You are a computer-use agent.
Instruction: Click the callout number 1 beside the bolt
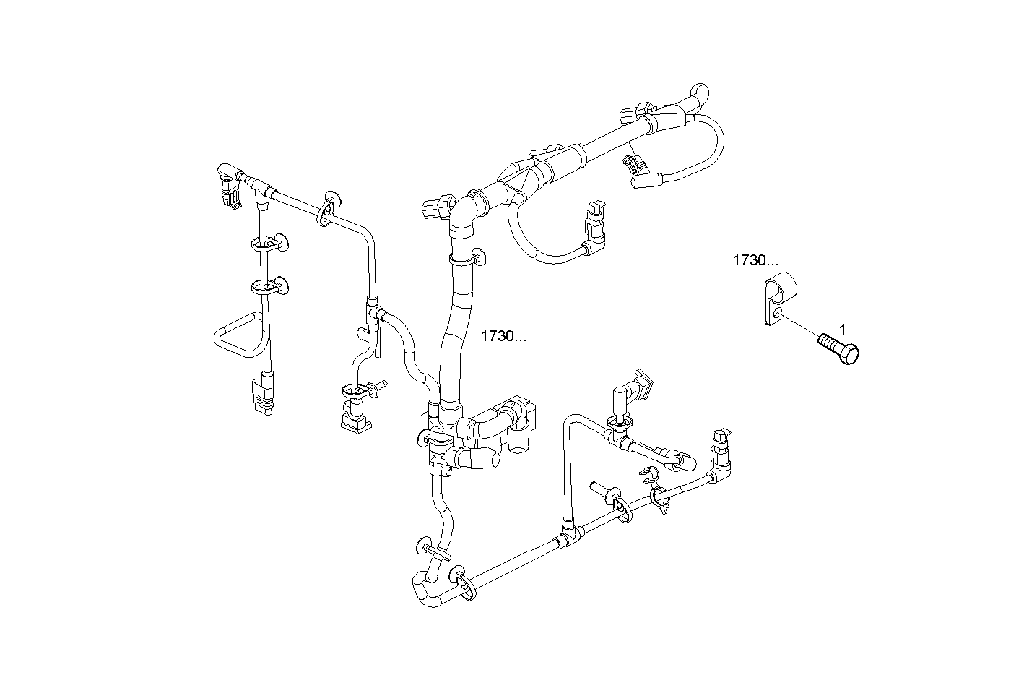click(x=841, y=330)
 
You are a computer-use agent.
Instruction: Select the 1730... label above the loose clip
click(x=755, y=260)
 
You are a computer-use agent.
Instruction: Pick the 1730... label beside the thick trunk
click(x=504, y=336)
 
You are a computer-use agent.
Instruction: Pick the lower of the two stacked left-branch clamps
click(x=269, y=287)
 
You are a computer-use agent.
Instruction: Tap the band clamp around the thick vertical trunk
click(x=466, y=257)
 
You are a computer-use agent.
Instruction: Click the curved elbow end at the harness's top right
click(x=700, y=95)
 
